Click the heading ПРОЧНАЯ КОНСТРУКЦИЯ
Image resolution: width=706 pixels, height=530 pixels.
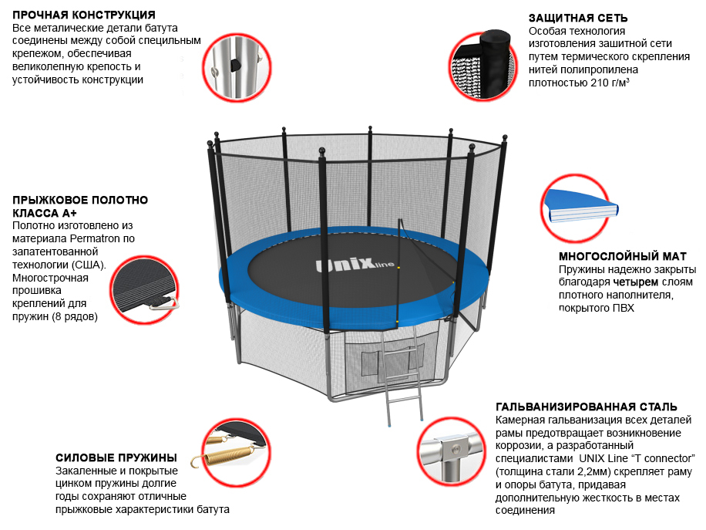[x=84, y=15]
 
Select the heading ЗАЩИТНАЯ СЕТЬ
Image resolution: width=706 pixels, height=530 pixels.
[x=578, y=18]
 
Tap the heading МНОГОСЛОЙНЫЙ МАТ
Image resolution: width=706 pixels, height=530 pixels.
[x=622, y=256]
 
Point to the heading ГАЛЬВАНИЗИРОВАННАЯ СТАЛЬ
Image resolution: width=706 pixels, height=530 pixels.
[x=587, y=407]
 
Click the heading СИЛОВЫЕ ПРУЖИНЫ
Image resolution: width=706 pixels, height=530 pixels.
[x=116, y=457]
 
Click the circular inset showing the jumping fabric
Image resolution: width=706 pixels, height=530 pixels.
[x=143, y=291]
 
